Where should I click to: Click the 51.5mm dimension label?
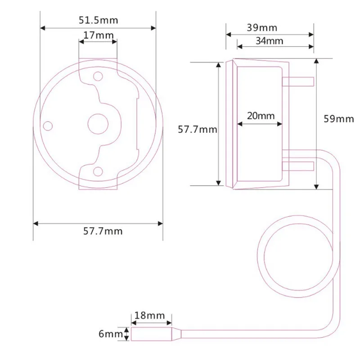tap(98, 20)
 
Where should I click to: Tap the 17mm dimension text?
tap(98, 35)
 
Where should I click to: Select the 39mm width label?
tap(262, 28)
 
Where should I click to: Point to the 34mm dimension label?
tap(269, 41)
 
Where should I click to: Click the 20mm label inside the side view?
tap(261, 116)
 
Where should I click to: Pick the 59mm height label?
tap(339, 119)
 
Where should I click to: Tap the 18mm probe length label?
tap(149, 315)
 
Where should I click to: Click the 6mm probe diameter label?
tap(111, 334)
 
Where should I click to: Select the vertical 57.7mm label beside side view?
tap(198, 130)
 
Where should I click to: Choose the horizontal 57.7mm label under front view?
tap(103, 231)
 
